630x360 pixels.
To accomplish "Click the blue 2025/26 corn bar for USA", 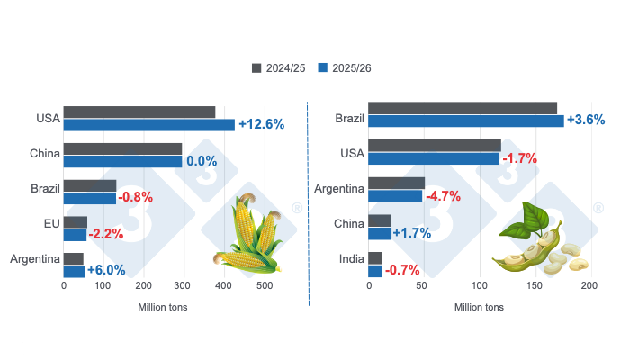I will click(x=148, y=125).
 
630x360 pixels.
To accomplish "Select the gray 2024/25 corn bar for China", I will click(x=122, y=148).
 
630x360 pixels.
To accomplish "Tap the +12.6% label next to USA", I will click(x=261, y=124).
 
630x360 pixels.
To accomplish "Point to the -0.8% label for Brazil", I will click(x=135, y=197).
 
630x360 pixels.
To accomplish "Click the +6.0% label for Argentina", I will click(x=106, y=270).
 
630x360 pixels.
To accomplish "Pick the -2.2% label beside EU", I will click(x=106, y=234).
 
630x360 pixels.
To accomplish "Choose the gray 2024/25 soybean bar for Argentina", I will click(x=397, y=183).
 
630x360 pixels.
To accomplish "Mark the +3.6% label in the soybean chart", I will click(x=586, y=120).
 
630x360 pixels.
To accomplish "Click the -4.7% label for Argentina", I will click(x=443, y=195).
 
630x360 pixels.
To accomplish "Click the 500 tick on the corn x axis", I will click(x=265, y=286).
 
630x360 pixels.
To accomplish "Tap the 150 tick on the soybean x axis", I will click(x=534, y=286).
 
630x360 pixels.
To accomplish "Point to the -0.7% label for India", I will click(x=402, y=270).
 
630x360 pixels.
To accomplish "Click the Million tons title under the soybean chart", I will click(x=479, y=307).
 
